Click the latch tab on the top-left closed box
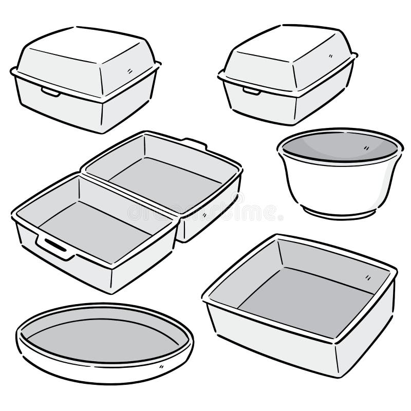[x=50, y=92]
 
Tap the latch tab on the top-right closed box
[x=251, y=91]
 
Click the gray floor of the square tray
[x=303, y=298]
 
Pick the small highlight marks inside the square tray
[x=369, y=278]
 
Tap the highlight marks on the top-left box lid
[x=129, y=70]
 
